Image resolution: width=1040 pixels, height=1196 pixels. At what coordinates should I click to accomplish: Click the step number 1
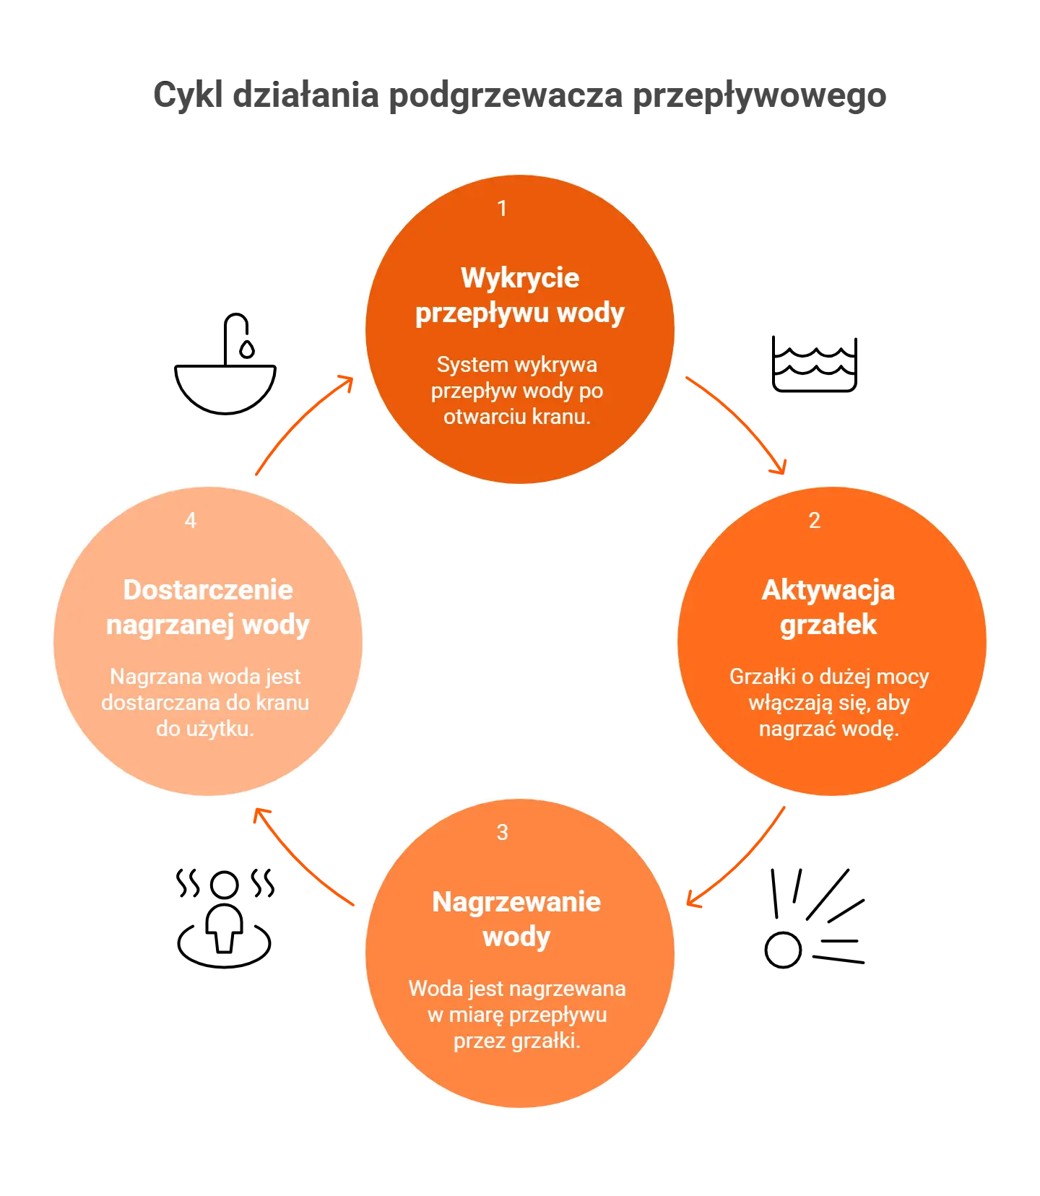click(502, 209)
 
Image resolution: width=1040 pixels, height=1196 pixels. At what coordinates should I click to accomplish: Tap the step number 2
click(814, 521)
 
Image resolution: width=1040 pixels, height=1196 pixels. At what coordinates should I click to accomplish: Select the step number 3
click(502, 833)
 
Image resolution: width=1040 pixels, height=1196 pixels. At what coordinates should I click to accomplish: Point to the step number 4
click(191, 521)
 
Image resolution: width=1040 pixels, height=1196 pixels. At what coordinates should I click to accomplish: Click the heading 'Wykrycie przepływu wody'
click(519, 295)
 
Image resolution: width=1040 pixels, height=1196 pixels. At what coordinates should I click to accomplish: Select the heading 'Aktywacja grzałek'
click(828, 607)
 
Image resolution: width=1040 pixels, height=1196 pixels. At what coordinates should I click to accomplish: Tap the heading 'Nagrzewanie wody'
click(516, 919)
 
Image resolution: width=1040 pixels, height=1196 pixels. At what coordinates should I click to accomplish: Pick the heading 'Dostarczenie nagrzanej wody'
click(208, 607)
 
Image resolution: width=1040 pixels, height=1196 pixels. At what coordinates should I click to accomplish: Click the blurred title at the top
click(519, 96)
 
